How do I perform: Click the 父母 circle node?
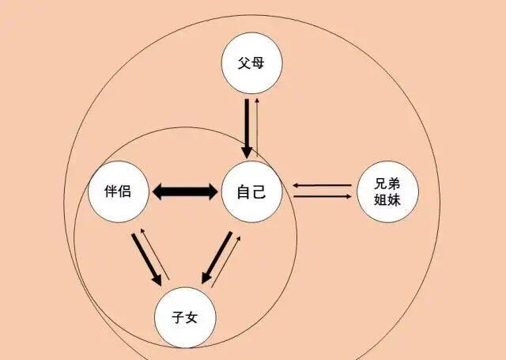[x=251, y=63]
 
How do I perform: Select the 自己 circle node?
[x=251, y=191]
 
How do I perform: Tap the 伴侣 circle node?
[x=119, y=191]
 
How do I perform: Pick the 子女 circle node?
[x=185, y=318]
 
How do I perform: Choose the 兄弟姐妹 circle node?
[x=387, y=191]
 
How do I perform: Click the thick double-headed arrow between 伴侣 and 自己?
[x=185, y=191]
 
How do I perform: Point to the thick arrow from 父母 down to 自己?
[x=247, y=128]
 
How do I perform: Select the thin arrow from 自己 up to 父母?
[x=257, y=127]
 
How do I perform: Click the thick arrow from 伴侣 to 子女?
[x=147, y=260]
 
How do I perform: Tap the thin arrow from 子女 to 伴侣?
[x=155, y=254]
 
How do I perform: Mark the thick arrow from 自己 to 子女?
[x=217, y=258]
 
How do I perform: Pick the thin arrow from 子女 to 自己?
[x=226, y=262]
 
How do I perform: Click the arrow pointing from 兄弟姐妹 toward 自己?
[x=322, y=185]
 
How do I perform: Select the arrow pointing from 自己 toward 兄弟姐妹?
[x=323, y=196]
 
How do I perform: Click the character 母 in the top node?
[x=258, y=63]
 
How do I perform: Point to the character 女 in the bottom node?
[x=191, y=317]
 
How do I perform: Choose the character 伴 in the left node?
[x=111, y=191]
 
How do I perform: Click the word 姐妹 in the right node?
[x=387, y=200]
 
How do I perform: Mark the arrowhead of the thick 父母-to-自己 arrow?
[x=247, y=152]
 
